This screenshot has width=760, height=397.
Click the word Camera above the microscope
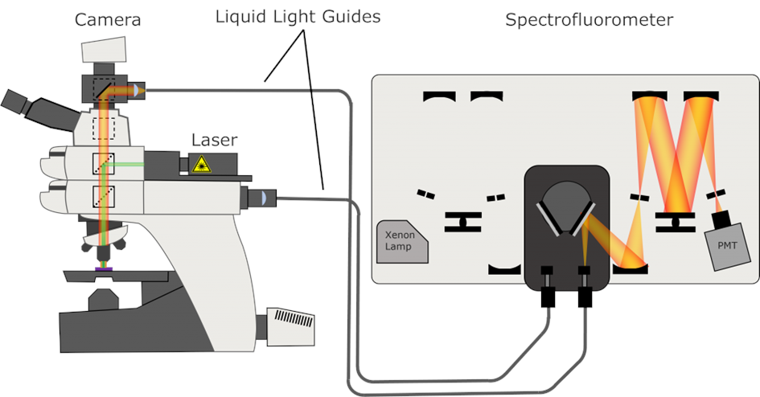tap(107, 19)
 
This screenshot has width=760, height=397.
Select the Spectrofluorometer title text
tap(589, 19)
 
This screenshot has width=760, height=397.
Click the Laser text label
tap(214, 140)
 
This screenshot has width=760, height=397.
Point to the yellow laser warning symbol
tap(201, 165)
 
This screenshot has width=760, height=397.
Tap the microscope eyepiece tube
tap(23, 102)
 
